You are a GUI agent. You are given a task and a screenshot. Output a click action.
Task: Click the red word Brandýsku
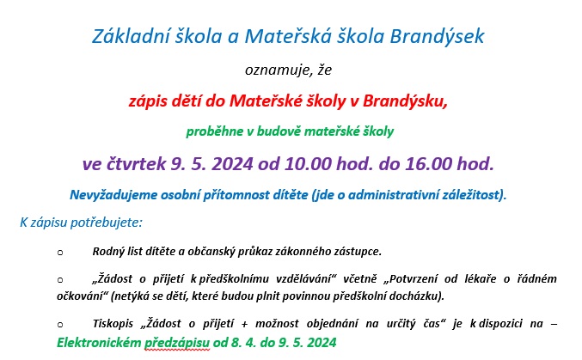click(x=405, y=101)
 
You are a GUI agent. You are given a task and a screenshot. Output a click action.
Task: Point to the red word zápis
click(x=145, y=101)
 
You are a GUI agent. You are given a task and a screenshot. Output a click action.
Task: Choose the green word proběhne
click(x=215, y=131)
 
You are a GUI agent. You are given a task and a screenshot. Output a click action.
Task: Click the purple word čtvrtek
click(x=136, y=163)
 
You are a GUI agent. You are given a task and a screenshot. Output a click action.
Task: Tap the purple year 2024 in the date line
click(x=232, y=163)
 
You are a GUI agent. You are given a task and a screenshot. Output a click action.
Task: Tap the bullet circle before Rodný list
click(x=60, y=253)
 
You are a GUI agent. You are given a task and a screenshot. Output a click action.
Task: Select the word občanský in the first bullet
click(x=211, y=252)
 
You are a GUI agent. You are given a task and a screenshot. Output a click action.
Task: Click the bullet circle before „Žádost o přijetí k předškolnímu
click(x=60, y=280)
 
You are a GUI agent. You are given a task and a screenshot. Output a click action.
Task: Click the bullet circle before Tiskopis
click(x=60, y=325)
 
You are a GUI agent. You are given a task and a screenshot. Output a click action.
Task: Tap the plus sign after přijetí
click(x=244, y=325)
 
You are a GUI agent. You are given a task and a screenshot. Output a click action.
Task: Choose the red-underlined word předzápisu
click(x=177, y=343)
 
